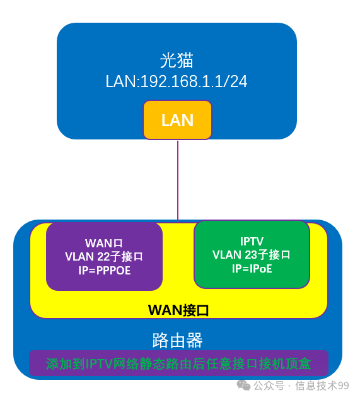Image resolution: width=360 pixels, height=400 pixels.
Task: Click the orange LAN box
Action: tap(177, 120)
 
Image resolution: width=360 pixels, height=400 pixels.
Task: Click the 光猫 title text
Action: tap(177, 61)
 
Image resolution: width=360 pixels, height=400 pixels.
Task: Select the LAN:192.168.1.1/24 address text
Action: tap(177, 81)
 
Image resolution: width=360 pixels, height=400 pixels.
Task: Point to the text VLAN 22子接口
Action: tap(104, 257)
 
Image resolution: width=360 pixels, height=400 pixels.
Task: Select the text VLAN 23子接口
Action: tap(252, 255)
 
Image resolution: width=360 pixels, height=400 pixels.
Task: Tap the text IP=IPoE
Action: tap(252, 268)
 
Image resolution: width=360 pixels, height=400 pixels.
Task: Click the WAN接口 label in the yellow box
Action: tap(178, 310)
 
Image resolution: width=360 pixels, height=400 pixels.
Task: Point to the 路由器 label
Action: tap(178, 341)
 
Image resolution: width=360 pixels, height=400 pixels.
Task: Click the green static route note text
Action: tap(178, 364)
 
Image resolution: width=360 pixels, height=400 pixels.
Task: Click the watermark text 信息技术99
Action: tap(322, 385)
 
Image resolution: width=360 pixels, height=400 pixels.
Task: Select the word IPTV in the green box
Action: tap(252, 242)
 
